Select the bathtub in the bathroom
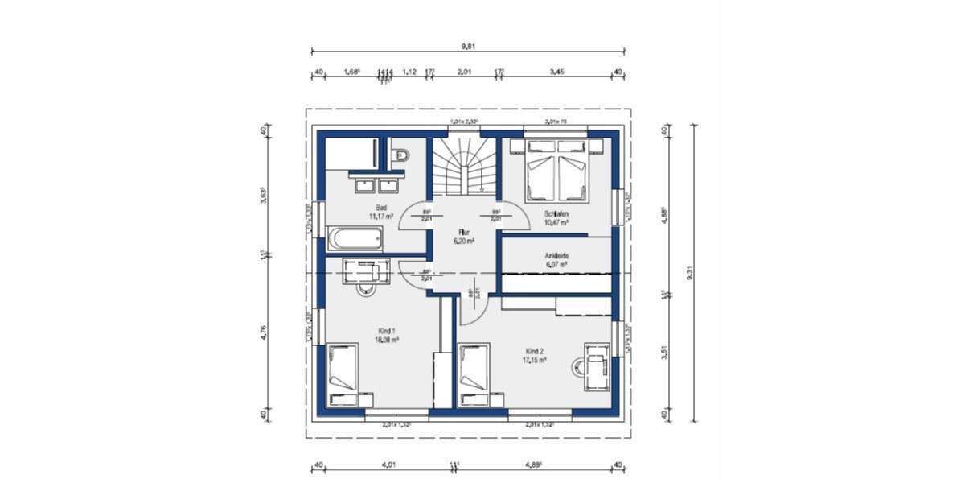pos(354,238)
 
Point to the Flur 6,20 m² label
pos(463,236)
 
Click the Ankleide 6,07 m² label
pos(556,259)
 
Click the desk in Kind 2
pos(597,366)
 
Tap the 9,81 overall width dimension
pos(466,47)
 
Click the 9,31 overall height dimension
pos(689,274)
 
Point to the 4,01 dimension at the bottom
pos(388,464)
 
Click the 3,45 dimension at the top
pos(556,72)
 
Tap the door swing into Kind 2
pos(472,302)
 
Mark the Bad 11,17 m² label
pos(380,212)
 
